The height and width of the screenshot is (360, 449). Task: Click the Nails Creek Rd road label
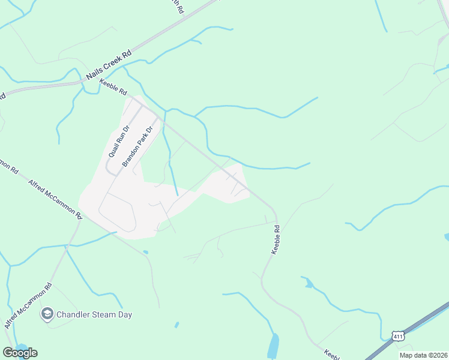pos(109,65)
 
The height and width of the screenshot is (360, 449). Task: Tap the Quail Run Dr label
pos(119,142)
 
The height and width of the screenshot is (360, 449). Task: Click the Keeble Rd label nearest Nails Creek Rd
pos(113,88)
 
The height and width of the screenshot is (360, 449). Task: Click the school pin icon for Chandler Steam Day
pos(47,314)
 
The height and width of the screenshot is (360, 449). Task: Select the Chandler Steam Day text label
pos(94,314)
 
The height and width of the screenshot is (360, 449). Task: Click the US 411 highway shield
pos(397,337)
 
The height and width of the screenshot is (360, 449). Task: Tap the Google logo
pos(20,352)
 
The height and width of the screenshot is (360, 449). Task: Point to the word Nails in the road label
pos(94,74)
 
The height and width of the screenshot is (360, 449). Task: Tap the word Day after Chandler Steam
pos(125,314)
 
